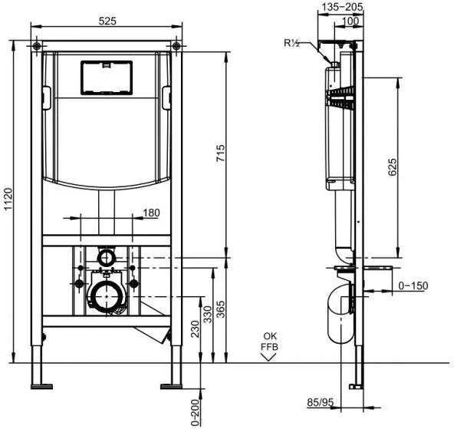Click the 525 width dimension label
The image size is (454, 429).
click(x=107, y=21)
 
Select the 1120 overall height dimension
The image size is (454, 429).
click(x=8, y=199)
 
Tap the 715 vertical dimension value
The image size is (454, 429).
click(x=221, y=153)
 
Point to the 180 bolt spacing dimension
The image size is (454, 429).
click(x=151, y=213)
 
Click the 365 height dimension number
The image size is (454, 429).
click(x=221, y=309)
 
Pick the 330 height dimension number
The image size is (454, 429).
click(x=208, y=314)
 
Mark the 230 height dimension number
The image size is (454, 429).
click(x=196, y=328)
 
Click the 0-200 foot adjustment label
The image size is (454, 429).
click(x=196, y=412)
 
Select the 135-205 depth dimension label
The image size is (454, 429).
click(x=343, y=7)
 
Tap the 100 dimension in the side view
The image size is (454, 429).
click(x=350, y=21)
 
